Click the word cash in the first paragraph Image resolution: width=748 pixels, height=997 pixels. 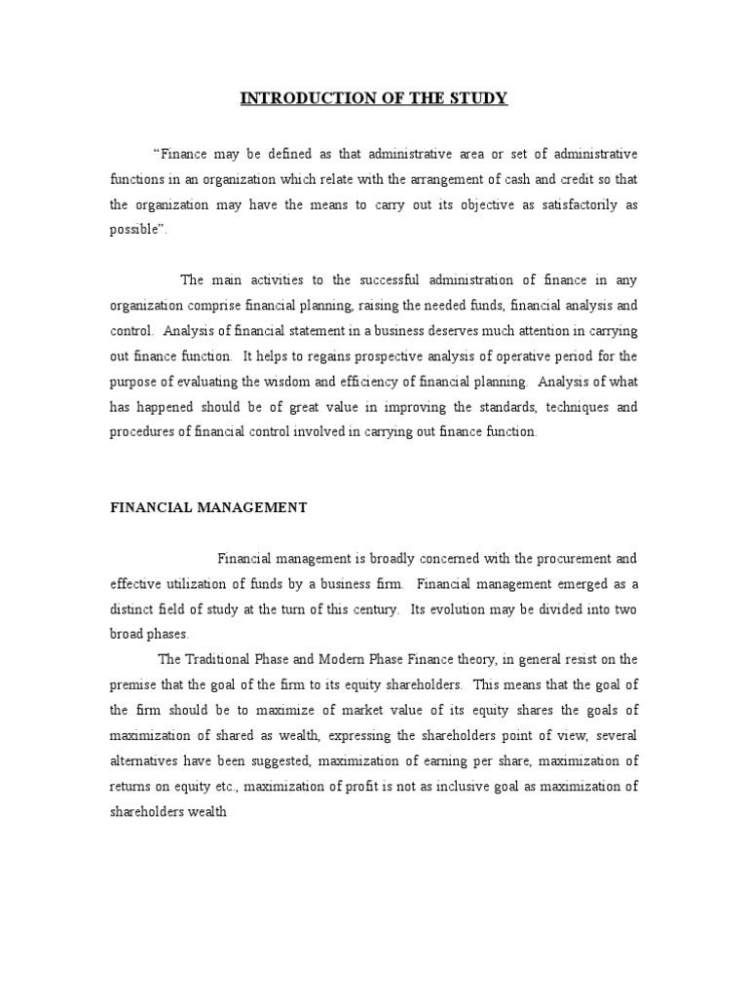pyautogui.click(x=533, y=179)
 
